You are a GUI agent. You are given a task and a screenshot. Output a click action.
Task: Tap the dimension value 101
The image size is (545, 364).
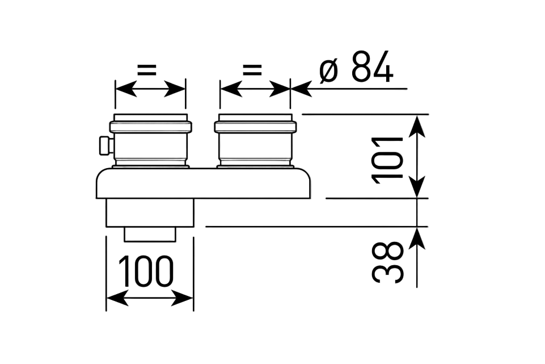(388, 160)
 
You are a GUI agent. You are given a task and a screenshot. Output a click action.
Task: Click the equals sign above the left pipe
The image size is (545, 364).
(146, 70)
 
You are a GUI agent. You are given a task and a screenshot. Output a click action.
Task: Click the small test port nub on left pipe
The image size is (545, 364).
(103, 145)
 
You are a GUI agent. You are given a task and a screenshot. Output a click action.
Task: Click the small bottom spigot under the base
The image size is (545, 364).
(150, 233)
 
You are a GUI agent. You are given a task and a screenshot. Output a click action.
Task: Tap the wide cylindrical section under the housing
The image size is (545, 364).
(150, 212)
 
